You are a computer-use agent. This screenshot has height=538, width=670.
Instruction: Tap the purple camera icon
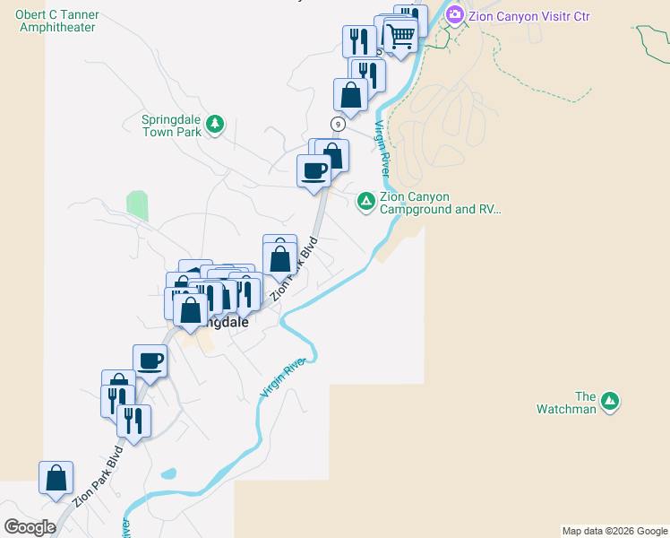[x=454, y=14]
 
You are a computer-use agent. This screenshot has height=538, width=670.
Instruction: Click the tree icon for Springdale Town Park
[x=214, y=125]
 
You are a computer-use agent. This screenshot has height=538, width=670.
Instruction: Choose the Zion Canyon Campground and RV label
[x=439, y=204]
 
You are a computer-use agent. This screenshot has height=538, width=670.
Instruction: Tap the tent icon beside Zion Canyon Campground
[x=365, y=201]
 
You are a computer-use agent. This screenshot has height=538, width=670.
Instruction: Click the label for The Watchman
[x=585, y=403]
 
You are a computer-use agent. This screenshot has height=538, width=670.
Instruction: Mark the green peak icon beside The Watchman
[x=610, y=401]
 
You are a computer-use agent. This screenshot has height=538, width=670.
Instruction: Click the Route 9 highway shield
[x=338, y=124]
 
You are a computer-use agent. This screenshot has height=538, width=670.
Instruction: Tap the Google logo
[x=30, y=527]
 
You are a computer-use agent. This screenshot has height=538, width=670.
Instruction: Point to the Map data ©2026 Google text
[x=614, y=531]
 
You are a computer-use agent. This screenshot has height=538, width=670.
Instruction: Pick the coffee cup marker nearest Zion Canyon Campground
[x=314, y=170]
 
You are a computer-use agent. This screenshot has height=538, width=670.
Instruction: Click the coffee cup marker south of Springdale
[x=150, y=360]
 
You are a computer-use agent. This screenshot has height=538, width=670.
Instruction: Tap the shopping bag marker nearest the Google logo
[x=56, y=477]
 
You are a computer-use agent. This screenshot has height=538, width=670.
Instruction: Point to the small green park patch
[x=136, y=205]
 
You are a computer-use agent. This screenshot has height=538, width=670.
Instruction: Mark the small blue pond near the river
[x=167, y=473]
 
